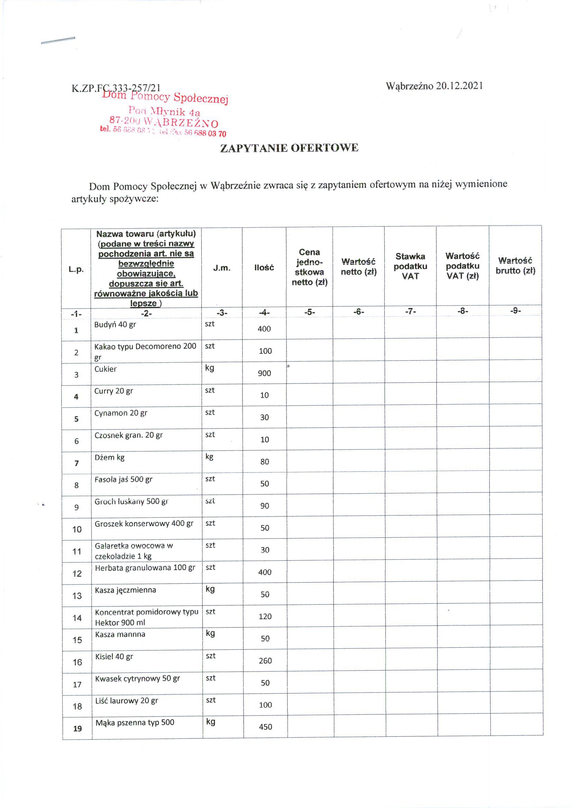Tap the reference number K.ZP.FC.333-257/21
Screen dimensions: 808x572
click(x=116, y=88)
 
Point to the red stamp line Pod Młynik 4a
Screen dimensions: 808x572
click(x=164, y=112)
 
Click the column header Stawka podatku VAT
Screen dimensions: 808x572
click(x=410, y=266)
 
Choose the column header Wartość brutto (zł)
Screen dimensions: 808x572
click(x=515, y=265)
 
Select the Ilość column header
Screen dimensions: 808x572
click(x=264, y=268)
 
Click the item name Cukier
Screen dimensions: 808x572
click(x=105, y=369)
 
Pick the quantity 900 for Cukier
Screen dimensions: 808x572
click(x=264, y=373)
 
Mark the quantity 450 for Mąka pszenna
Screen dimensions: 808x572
click(x=265, y=727)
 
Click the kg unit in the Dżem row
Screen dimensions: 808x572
click(x=210, y=457)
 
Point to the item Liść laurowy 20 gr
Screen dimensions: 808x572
click(x=126, y=701)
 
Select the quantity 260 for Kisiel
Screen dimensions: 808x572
click(x=265, y=661)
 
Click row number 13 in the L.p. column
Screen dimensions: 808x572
click(x=77, y=596)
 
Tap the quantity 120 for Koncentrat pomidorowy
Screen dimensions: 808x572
click(x=265, y=616)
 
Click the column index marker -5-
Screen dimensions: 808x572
click(x=309, y=312)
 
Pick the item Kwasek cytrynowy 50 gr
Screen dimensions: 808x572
click(x=137, y=678)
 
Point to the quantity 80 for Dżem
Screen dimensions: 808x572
click(x=265, y=461)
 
